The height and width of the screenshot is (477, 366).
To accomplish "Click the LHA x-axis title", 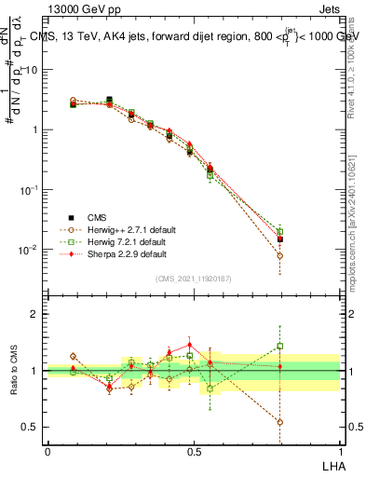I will [x=330, y=464].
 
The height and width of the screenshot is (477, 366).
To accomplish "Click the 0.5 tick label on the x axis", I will [x=194, y=451].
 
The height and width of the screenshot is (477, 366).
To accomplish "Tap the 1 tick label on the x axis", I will [x=340, y=451].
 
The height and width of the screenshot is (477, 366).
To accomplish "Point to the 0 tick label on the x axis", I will [x=47, y=451].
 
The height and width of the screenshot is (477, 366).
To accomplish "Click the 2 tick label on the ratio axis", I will [x=34, y=314].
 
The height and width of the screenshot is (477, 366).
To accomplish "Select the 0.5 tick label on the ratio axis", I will [x=31, y=427].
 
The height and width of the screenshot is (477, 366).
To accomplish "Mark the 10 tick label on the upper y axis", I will [x=31, y=70].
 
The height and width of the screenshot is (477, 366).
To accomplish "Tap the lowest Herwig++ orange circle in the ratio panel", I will [x=280, y=422].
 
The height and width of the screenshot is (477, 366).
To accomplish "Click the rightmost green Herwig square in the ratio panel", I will [x=280, y=346].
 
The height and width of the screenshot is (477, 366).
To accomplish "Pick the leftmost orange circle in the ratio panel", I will [x=73, y=356].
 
